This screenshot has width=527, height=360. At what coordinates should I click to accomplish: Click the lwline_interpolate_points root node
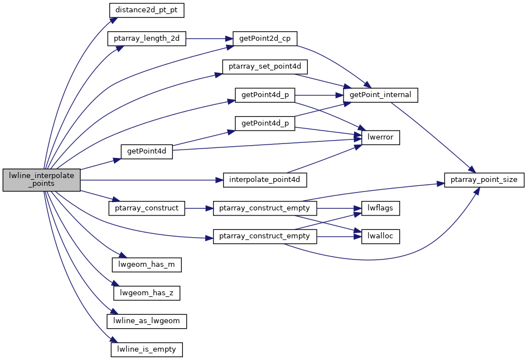coord(42,180)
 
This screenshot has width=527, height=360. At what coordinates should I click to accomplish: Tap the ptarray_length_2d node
coord(147,39)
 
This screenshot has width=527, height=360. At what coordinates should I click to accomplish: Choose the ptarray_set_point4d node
coord(265,66)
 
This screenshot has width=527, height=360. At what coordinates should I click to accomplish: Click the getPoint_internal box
coord(380,95)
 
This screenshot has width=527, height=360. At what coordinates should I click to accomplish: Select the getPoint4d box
coord(147,151)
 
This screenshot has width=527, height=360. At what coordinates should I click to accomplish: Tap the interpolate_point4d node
coord(265,180)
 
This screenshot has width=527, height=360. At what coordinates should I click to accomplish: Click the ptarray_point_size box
coord(484,180)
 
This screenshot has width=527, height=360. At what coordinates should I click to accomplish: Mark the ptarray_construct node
coord(147,208)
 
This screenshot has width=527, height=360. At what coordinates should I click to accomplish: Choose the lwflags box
coord(380,208)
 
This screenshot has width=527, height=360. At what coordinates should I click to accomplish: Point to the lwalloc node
coord(380,237)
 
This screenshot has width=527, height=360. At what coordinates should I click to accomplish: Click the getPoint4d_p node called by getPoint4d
coord(265,123)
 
